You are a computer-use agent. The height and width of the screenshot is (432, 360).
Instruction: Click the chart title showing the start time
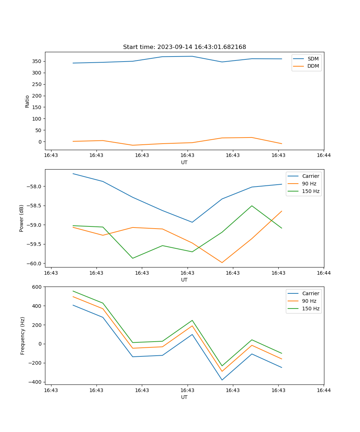(x=184, y=47)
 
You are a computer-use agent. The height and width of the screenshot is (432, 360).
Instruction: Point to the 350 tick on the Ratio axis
(x=37, y=61)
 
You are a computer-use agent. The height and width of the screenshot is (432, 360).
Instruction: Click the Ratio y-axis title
(x=27, y=101)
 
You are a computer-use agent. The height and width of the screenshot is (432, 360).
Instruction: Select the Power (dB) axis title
(x=22, y=218)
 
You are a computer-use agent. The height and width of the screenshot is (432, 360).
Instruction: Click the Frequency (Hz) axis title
(x=22, y=336)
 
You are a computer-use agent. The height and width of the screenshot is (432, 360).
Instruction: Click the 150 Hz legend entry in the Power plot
(x=311, y=191)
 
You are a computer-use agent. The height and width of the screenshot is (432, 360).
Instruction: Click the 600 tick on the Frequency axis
(x=37, y=287)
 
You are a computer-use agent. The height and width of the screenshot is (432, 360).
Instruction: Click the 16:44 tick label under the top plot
(x=324, y=156)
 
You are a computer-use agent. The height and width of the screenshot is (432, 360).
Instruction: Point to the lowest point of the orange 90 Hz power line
(x=222, y=262)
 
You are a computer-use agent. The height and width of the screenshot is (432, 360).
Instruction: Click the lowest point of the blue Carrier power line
(x=192, y=222)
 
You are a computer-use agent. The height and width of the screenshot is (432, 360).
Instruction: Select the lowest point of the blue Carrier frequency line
(x=222, y=380)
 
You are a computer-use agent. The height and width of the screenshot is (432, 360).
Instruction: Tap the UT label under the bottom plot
(x=184, y=397)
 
